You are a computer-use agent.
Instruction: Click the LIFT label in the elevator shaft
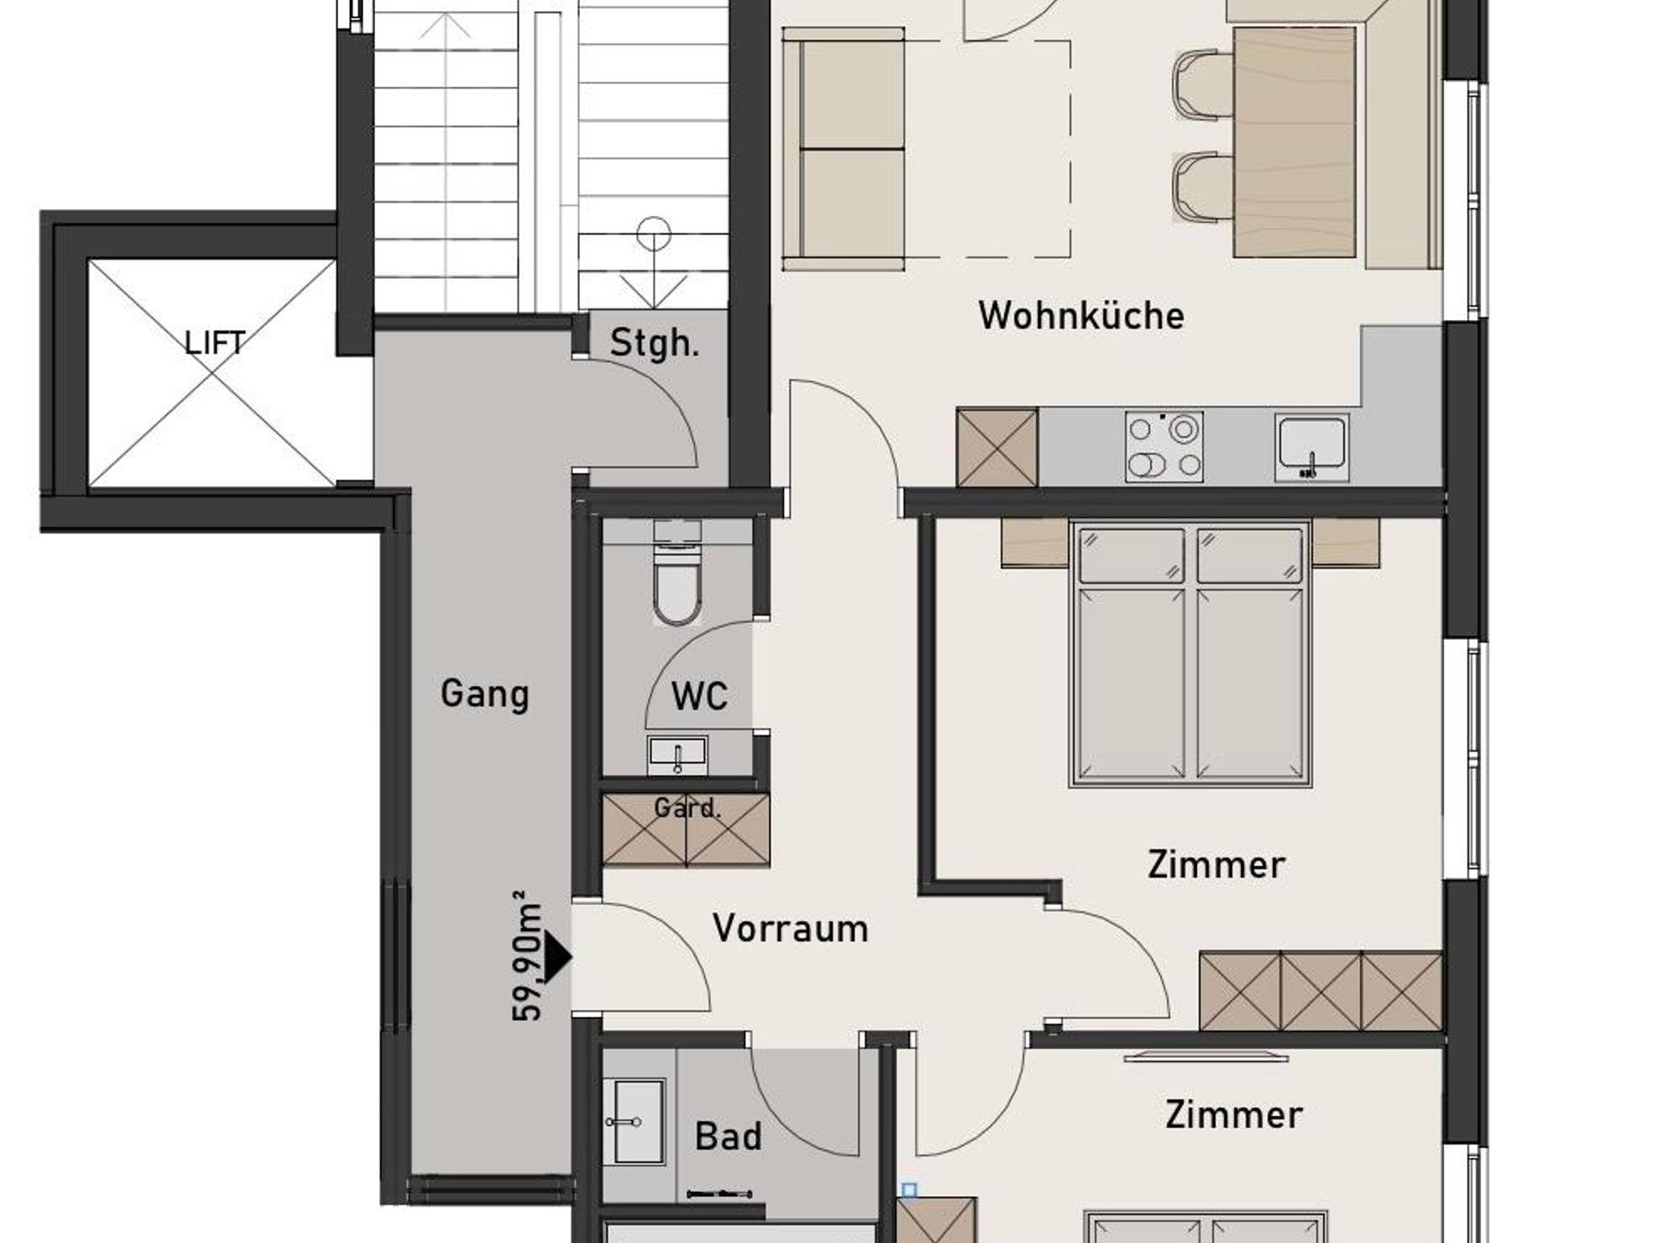[214, 343]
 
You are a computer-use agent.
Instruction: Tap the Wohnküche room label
[1081, 315]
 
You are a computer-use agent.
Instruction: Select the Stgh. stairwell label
[655, 343]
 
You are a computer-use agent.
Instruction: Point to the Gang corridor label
[485, 694]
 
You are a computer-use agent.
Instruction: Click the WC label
[700, 696]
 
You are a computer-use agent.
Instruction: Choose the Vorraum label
[790, 929]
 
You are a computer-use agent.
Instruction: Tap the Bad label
[728, 1137]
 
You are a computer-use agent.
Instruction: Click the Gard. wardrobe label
[687, 808]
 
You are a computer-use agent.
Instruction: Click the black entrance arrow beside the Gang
[558, 958]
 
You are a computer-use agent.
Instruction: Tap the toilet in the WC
[677, 574]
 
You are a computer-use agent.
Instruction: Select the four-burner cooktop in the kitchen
[1164, 447]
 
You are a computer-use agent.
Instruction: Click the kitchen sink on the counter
[1312, 448]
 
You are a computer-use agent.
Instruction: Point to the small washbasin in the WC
[677, 755]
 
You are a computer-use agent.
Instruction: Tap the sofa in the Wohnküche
[843, 149]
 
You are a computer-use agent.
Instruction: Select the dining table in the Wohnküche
[1295, 142]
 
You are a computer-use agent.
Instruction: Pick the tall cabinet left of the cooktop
[997, 447]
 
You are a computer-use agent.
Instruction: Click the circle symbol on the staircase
[654, 235]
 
